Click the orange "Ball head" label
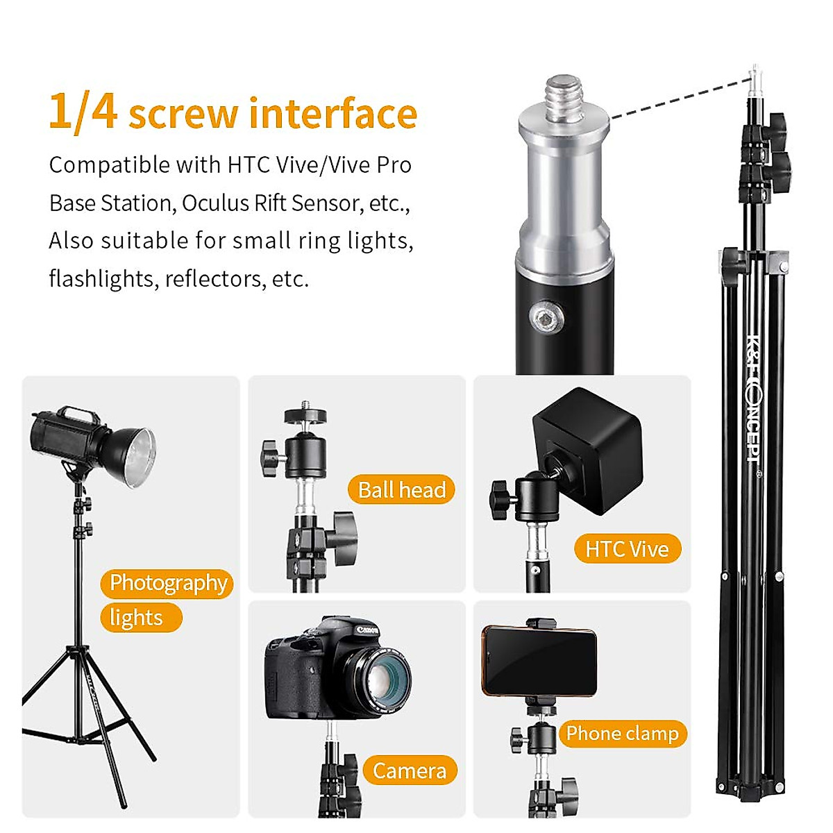[401, 490]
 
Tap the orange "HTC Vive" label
[627, 549]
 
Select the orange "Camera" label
[409, 771]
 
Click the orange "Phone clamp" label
[622, 734]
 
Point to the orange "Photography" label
[168, 583]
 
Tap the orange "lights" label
[137, 618]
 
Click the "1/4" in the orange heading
[83, 112]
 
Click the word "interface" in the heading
[333, 114]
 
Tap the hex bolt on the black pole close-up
[544, 320]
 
